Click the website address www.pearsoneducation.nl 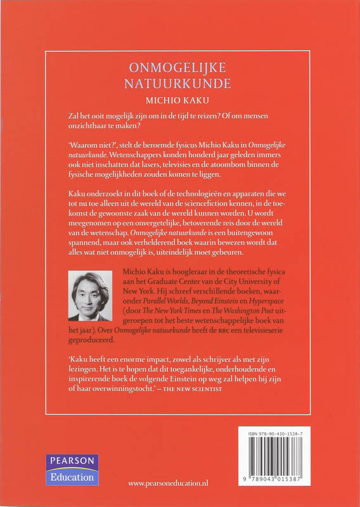(176, 484)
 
